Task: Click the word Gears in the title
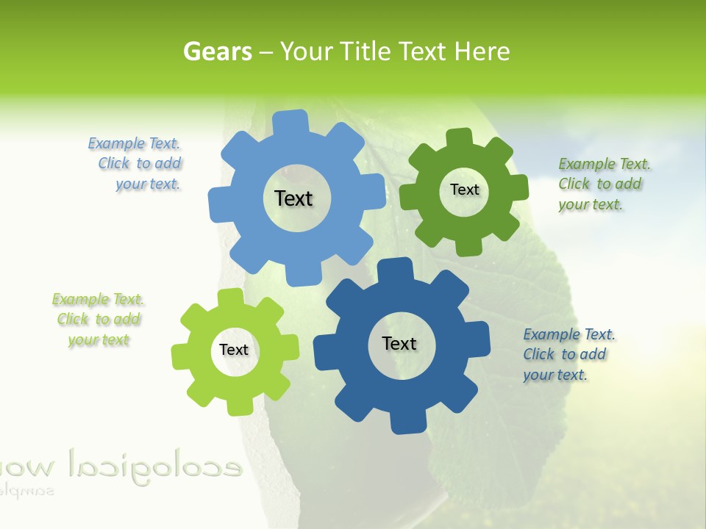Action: pyautogui.click(x=217, y=51)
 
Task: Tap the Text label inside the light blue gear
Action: pyautogui.click(x=293, y=198)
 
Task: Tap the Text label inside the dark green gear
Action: pyautogui.click(x=464, y=190)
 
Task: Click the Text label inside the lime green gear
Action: pyautogui.click(x=233, y=350)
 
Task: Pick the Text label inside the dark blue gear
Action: pyautogui.click(x=399, y=343)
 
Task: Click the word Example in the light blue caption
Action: pyautogui.click(x=116, y=143)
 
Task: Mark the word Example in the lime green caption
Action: pyautogui.click(x=79, y=299)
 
